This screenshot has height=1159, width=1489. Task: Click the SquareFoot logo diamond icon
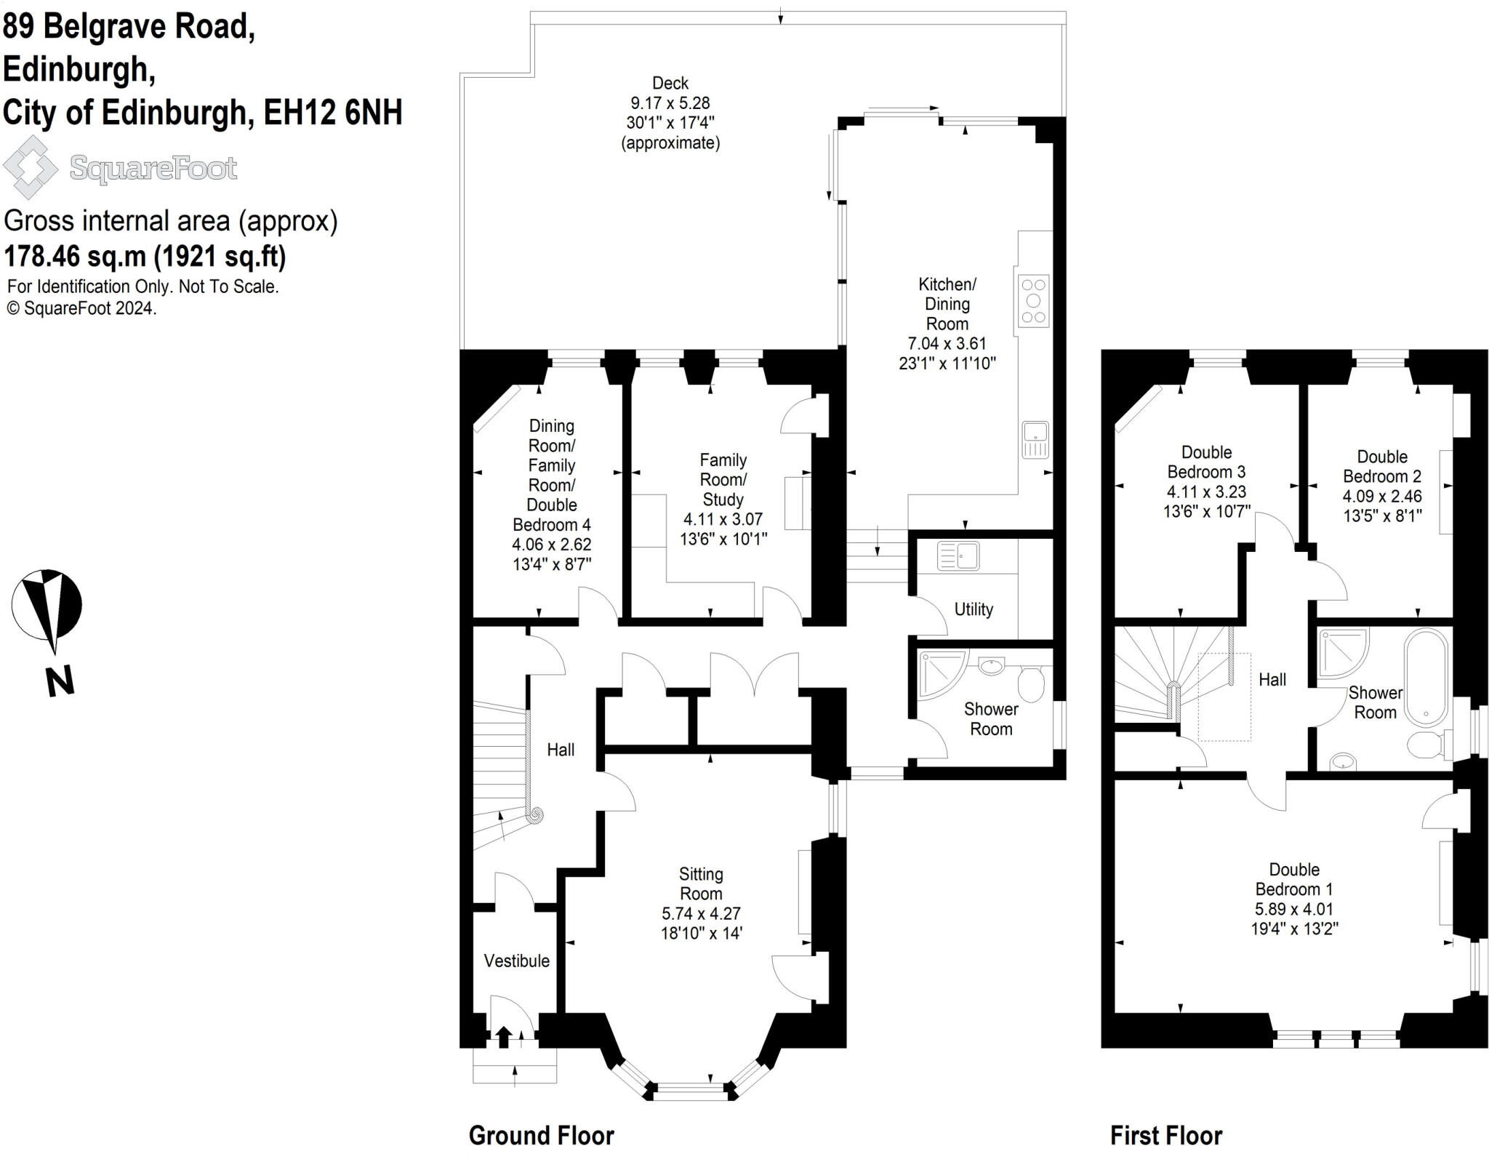coord(30,167)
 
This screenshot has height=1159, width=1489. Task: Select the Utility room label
coord(974,609)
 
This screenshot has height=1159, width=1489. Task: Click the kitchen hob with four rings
coord(1033,300)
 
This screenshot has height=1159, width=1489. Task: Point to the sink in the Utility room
coord(958,556)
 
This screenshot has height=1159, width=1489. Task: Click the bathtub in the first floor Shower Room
coord(1426,677)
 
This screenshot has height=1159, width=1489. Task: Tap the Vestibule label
coord(517,961)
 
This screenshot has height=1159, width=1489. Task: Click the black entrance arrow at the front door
coord(503,1035)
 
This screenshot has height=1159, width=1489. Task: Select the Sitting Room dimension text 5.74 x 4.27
coord(701,913)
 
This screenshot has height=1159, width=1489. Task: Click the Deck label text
coord(670,83)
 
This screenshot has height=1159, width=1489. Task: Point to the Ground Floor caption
coord(542,1135)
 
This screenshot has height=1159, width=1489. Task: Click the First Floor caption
coord(1166,1135)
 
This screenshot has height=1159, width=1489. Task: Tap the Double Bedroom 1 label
coord(1294,879)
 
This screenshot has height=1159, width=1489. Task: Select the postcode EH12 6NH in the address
coord(333,113)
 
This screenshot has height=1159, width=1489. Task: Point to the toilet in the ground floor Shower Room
coord(1031,683)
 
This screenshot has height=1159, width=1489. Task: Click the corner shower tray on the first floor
coord(1344,653)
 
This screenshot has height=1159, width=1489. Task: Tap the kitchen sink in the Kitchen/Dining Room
coord(1035,439)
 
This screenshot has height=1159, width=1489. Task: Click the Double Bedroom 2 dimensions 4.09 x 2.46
coord(1381,496)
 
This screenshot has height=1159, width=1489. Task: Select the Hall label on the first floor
coord(1272,679)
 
